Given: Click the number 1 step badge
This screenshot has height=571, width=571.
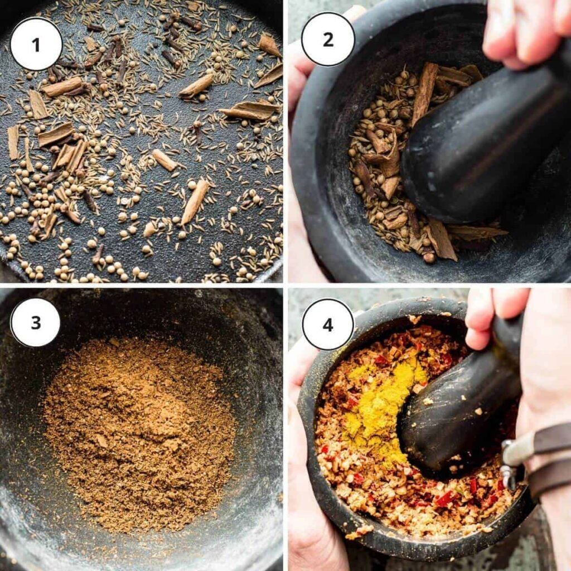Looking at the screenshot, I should (x=36, y=44).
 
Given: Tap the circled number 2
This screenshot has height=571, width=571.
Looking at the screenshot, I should (x=328, y=39).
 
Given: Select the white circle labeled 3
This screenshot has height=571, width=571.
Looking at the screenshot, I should (x=36, y=322).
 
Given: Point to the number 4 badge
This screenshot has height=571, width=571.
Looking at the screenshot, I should (x=328, y=325).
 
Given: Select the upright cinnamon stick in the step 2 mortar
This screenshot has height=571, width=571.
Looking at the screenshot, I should (x=425, y=92).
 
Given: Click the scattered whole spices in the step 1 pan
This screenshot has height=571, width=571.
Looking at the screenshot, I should (x=139, y=167).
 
